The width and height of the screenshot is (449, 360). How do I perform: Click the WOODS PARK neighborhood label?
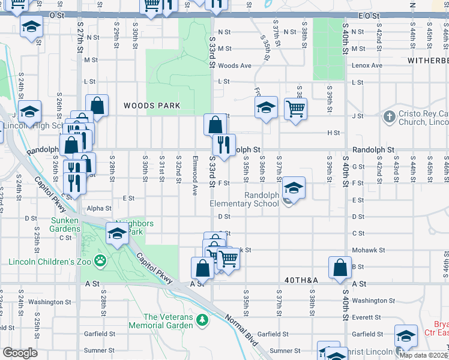pyautogui.click(x=152, y=106)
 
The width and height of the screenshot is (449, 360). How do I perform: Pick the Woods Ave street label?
pyautogui.click(x=234, y=65)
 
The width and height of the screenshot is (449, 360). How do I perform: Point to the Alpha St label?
pyautogui.click(x=100, y=209)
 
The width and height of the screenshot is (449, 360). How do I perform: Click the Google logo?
pyautogui.click(x=20, y=353)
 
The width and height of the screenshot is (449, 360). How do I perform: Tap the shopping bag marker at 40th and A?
pyautogui.click(x=340, y=268)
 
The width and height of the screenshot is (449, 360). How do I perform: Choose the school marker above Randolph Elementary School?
pyautogui.click(x=294, y=187)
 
